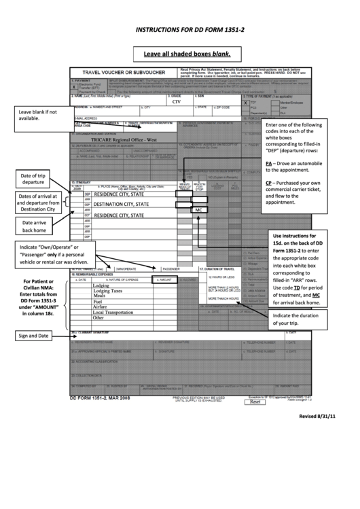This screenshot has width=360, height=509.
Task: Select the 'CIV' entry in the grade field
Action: [176, 101]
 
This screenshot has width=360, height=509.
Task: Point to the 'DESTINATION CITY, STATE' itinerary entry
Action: [122, 204]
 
